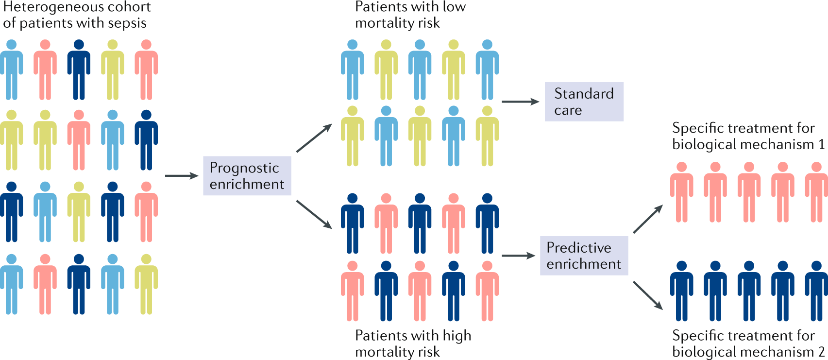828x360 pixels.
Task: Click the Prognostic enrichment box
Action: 247,175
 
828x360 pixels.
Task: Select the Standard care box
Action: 584,102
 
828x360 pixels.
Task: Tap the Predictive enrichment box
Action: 584,256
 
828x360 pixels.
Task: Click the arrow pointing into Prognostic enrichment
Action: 182,175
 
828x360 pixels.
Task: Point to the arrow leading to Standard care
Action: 520,102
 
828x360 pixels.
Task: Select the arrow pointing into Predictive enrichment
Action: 518,256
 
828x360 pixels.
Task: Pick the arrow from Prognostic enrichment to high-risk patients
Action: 314,214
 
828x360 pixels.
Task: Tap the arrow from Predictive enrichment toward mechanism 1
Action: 648,219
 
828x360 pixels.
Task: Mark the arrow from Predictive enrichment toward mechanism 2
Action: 648,295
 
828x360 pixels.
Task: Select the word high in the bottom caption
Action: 457,336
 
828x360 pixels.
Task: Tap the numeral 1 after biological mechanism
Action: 821,144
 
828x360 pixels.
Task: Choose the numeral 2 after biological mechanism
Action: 821,352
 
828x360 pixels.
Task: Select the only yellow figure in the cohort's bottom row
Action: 146,284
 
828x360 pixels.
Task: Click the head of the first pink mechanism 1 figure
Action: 681,167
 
